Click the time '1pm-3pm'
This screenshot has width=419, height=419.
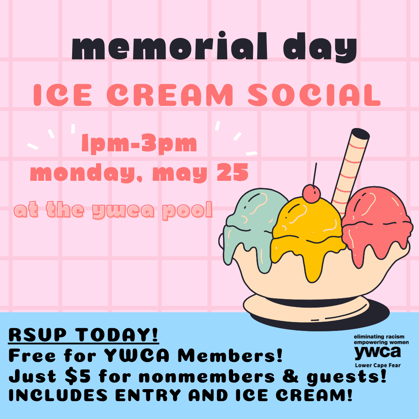click(x=139, y=144)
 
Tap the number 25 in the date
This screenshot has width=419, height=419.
click(x=232, y=173)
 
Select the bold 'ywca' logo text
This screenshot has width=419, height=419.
click(x=377, y=352)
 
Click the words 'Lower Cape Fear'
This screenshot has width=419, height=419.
click(x=377, y=365)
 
